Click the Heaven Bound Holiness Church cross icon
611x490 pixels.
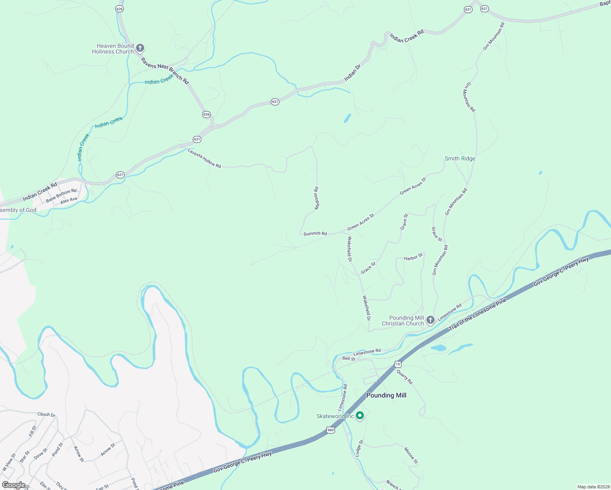coord(140,49)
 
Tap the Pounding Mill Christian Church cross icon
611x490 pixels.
coord(430,320)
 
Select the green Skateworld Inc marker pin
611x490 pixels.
coord(359,416)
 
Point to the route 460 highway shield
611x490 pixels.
coord(330,430)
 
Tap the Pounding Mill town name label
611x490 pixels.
coord(386,395)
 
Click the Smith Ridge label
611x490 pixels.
coord(460,158)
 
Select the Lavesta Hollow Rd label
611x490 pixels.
coord(204,158)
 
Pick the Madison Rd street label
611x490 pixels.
coord(317,198)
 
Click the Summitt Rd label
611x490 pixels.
coord(315,234)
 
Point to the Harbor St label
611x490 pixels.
coord(413,258)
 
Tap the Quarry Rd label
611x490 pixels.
coord(405,377)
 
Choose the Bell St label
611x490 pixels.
coord(349,359)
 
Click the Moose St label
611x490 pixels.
coord(411,456)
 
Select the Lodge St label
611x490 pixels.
coord(359,448)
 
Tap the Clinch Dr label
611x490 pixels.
coord(46,414)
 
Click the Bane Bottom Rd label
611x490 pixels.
coord(61,195)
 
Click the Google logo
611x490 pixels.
coord(13,485)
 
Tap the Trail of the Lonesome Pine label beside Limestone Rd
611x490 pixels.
coord(477,314)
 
